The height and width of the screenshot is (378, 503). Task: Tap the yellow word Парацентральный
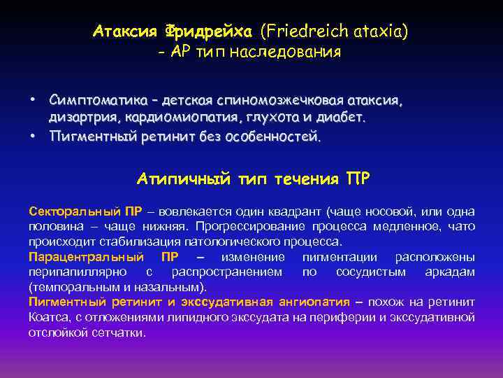point(86,257)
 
